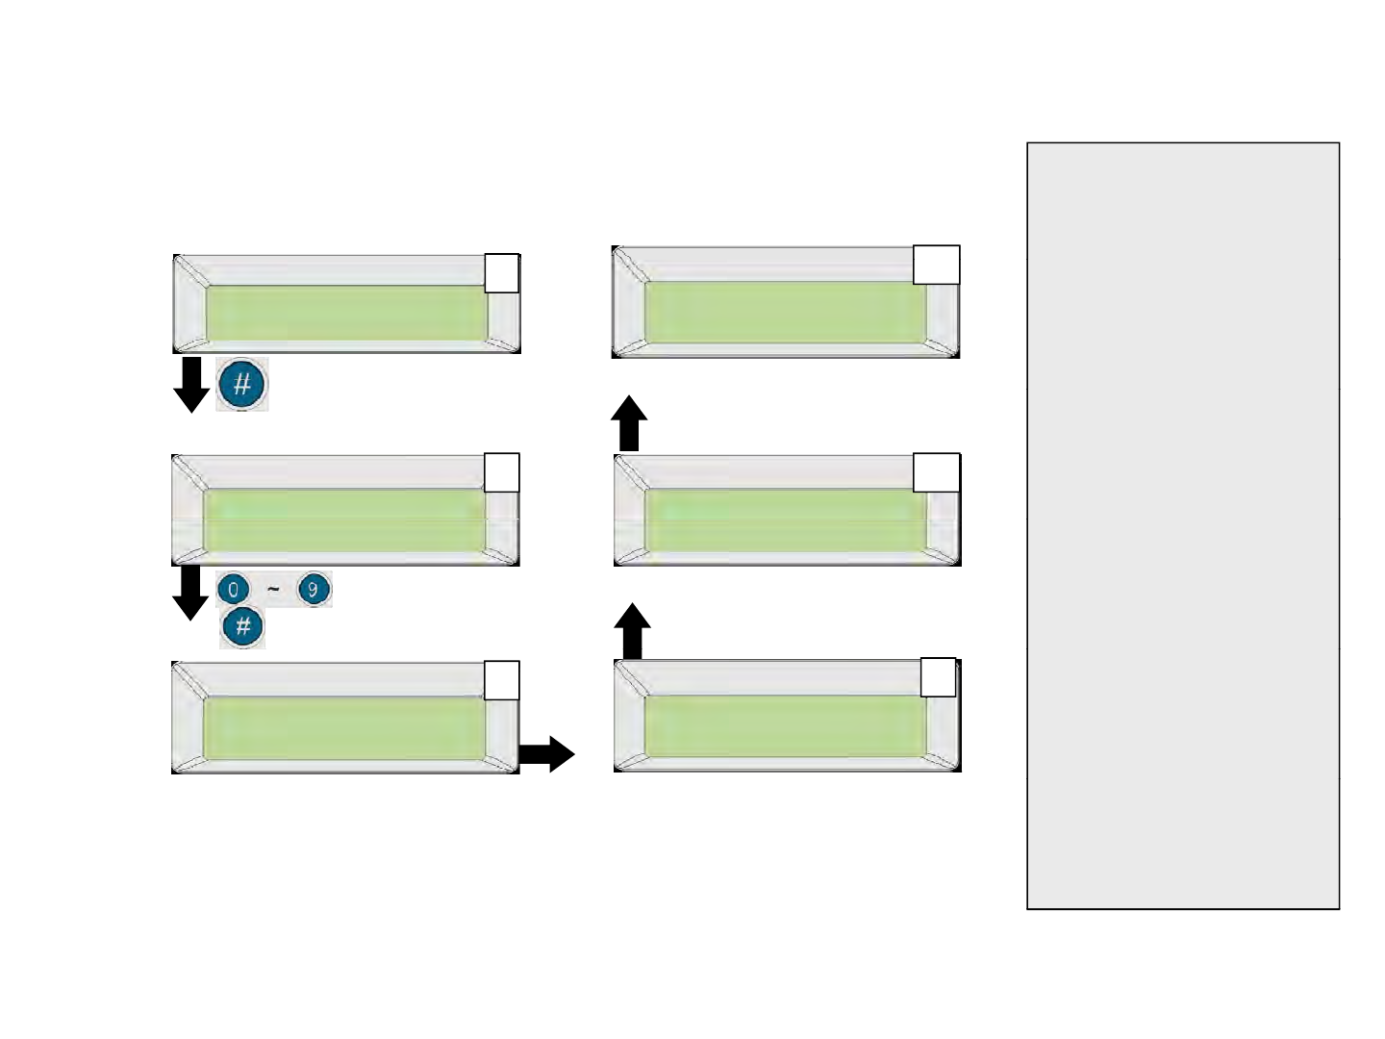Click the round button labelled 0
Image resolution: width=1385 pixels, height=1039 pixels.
tap(233, 589)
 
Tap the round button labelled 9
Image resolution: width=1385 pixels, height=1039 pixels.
tap(314, 589)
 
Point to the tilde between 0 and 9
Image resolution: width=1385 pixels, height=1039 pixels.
tap(273, 589)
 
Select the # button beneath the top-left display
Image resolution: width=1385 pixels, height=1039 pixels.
tap(241, 385)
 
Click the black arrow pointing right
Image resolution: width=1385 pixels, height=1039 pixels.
tap(547, 754)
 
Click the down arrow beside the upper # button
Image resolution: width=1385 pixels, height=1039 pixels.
tap(191, 384)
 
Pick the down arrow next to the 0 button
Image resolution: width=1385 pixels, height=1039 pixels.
tap(190, 592)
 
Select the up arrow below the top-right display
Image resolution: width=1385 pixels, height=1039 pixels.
tap(629, 423)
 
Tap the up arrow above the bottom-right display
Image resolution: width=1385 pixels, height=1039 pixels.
tap(632, 631)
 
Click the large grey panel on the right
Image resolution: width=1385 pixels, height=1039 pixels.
tap(1183, 525)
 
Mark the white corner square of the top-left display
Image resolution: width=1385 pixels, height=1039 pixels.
tap(502, 273)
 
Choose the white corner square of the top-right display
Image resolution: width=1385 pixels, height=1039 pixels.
tap(936, 265)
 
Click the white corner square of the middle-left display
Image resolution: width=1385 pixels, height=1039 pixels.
tap(502, 472)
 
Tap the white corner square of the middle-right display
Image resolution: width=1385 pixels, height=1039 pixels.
tap(936, 472)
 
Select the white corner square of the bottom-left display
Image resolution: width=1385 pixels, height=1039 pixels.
tap(502, 680)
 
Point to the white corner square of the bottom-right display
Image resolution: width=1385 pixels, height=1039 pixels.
tap(938, 677)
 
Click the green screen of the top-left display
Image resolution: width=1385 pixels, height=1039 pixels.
tap(346, 312)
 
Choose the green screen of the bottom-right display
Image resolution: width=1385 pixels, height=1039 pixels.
tap(785, 725)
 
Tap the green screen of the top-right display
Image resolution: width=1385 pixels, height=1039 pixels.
tap(785, 312)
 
